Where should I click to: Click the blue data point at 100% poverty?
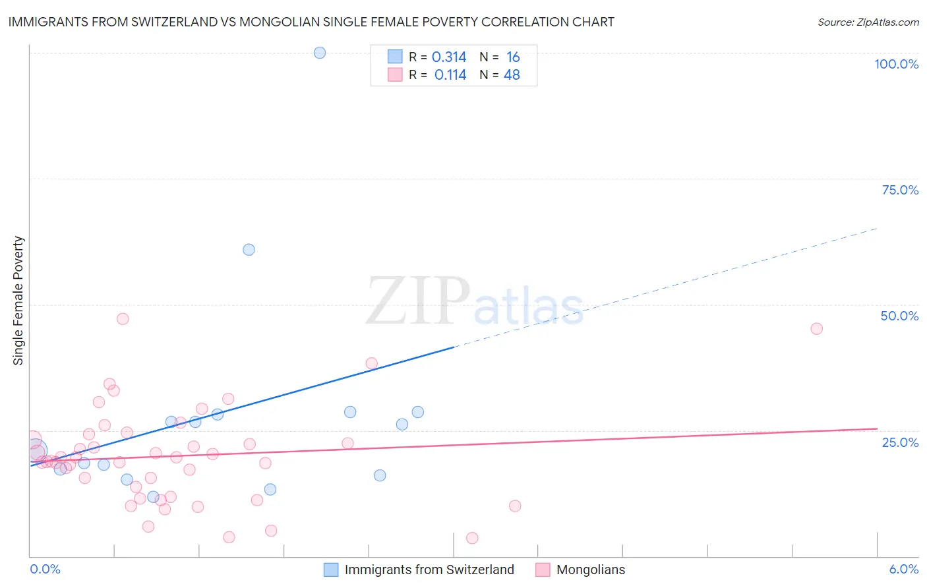320,53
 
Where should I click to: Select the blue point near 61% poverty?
249,250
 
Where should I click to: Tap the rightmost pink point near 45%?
817,329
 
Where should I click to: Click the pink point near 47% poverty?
123,319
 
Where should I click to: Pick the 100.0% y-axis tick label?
896,64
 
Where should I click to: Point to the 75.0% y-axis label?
900,190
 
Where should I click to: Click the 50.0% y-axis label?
899,316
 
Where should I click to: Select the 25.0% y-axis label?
900,442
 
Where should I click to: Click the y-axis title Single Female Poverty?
18,301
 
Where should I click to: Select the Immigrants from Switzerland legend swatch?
331,570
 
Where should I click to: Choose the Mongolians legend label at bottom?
591,570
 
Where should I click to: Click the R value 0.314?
449,57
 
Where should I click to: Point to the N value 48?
512,75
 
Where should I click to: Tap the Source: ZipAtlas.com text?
868,22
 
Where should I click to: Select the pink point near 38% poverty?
372,364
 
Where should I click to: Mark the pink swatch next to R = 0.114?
395,74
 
